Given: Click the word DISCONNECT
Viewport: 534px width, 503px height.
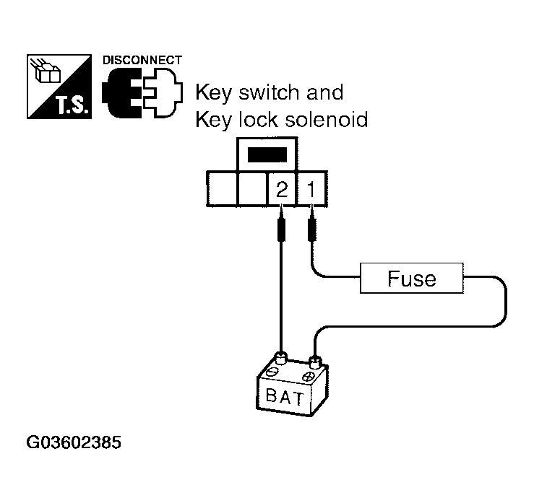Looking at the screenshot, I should click(142, 60).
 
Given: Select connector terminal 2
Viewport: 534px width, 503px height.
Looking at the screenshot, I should click(282, 190).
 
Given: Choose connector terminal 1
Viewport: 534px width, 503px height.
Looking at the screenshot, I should click(311, 190).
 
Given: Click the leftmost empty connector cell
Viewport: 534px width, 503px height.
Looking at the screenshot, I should click(223, 190).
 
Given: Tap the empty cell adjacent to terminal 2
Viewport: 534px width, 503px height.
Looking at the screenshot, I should click(252, 190).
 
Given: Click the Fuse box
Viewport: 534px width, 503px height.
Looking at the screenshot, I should click(411, 278).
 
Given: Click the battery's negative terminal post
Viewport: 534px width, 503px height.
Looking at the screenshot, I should click(281, 357).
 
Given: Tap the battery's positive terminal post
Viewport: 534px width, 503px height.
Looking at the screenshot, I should click(315, 359).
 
